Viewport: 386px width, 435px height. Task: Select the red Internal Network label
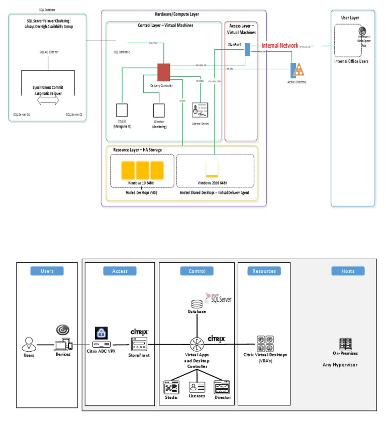[x=280, y=46]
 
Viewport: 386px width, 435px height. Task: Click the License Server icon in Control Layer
[x=201, y=111]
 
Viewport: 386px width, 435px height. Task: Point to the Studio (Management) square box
[x=122, y=111]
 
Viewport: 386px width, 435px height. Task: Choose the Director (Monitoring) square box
[x=159, y=111]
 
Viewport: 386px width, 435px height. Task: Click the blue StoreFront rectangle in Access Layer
[x=248, y=56]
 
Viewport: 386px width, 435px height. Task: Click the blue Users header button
[x=47, y=271]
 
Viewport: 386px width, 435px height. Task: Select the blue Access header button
[x=120, y=271]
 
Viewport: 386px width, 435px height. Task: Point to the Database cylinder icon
[x=197, y=304]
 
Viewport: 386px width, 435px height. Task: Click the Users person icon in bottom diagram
[x=29, y=345]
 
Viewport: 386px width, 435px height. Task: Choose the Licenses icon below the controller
[x=197, y=387]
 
